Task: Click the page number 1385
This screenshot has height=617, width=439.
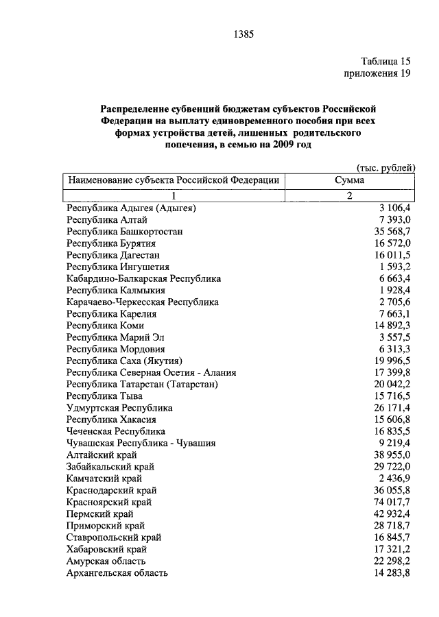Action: coord(244,32)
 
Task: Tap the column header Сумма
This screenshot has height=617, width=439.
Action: coord(349,180)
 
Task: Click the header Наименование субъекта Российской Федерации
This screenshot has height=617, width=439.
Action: coord(173,180)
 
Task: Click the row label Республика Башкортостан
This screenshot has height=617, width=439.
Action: coord(125,231)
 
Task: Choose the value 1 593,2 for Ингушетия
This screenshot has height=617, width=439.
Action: coord(394,267)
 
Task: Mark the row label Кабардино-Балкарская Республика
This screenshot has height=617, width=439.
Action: coord(144,278)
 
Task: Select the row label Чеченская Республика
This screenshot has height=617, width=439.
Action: coord(116,431)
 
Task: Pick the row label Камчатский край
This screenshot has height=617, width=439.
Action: coord(106,479)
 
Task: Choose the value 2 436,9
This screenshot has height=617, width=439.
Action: coord(394,479)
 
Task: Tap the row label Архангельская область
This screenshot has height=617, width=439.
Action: coord(117,573)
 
